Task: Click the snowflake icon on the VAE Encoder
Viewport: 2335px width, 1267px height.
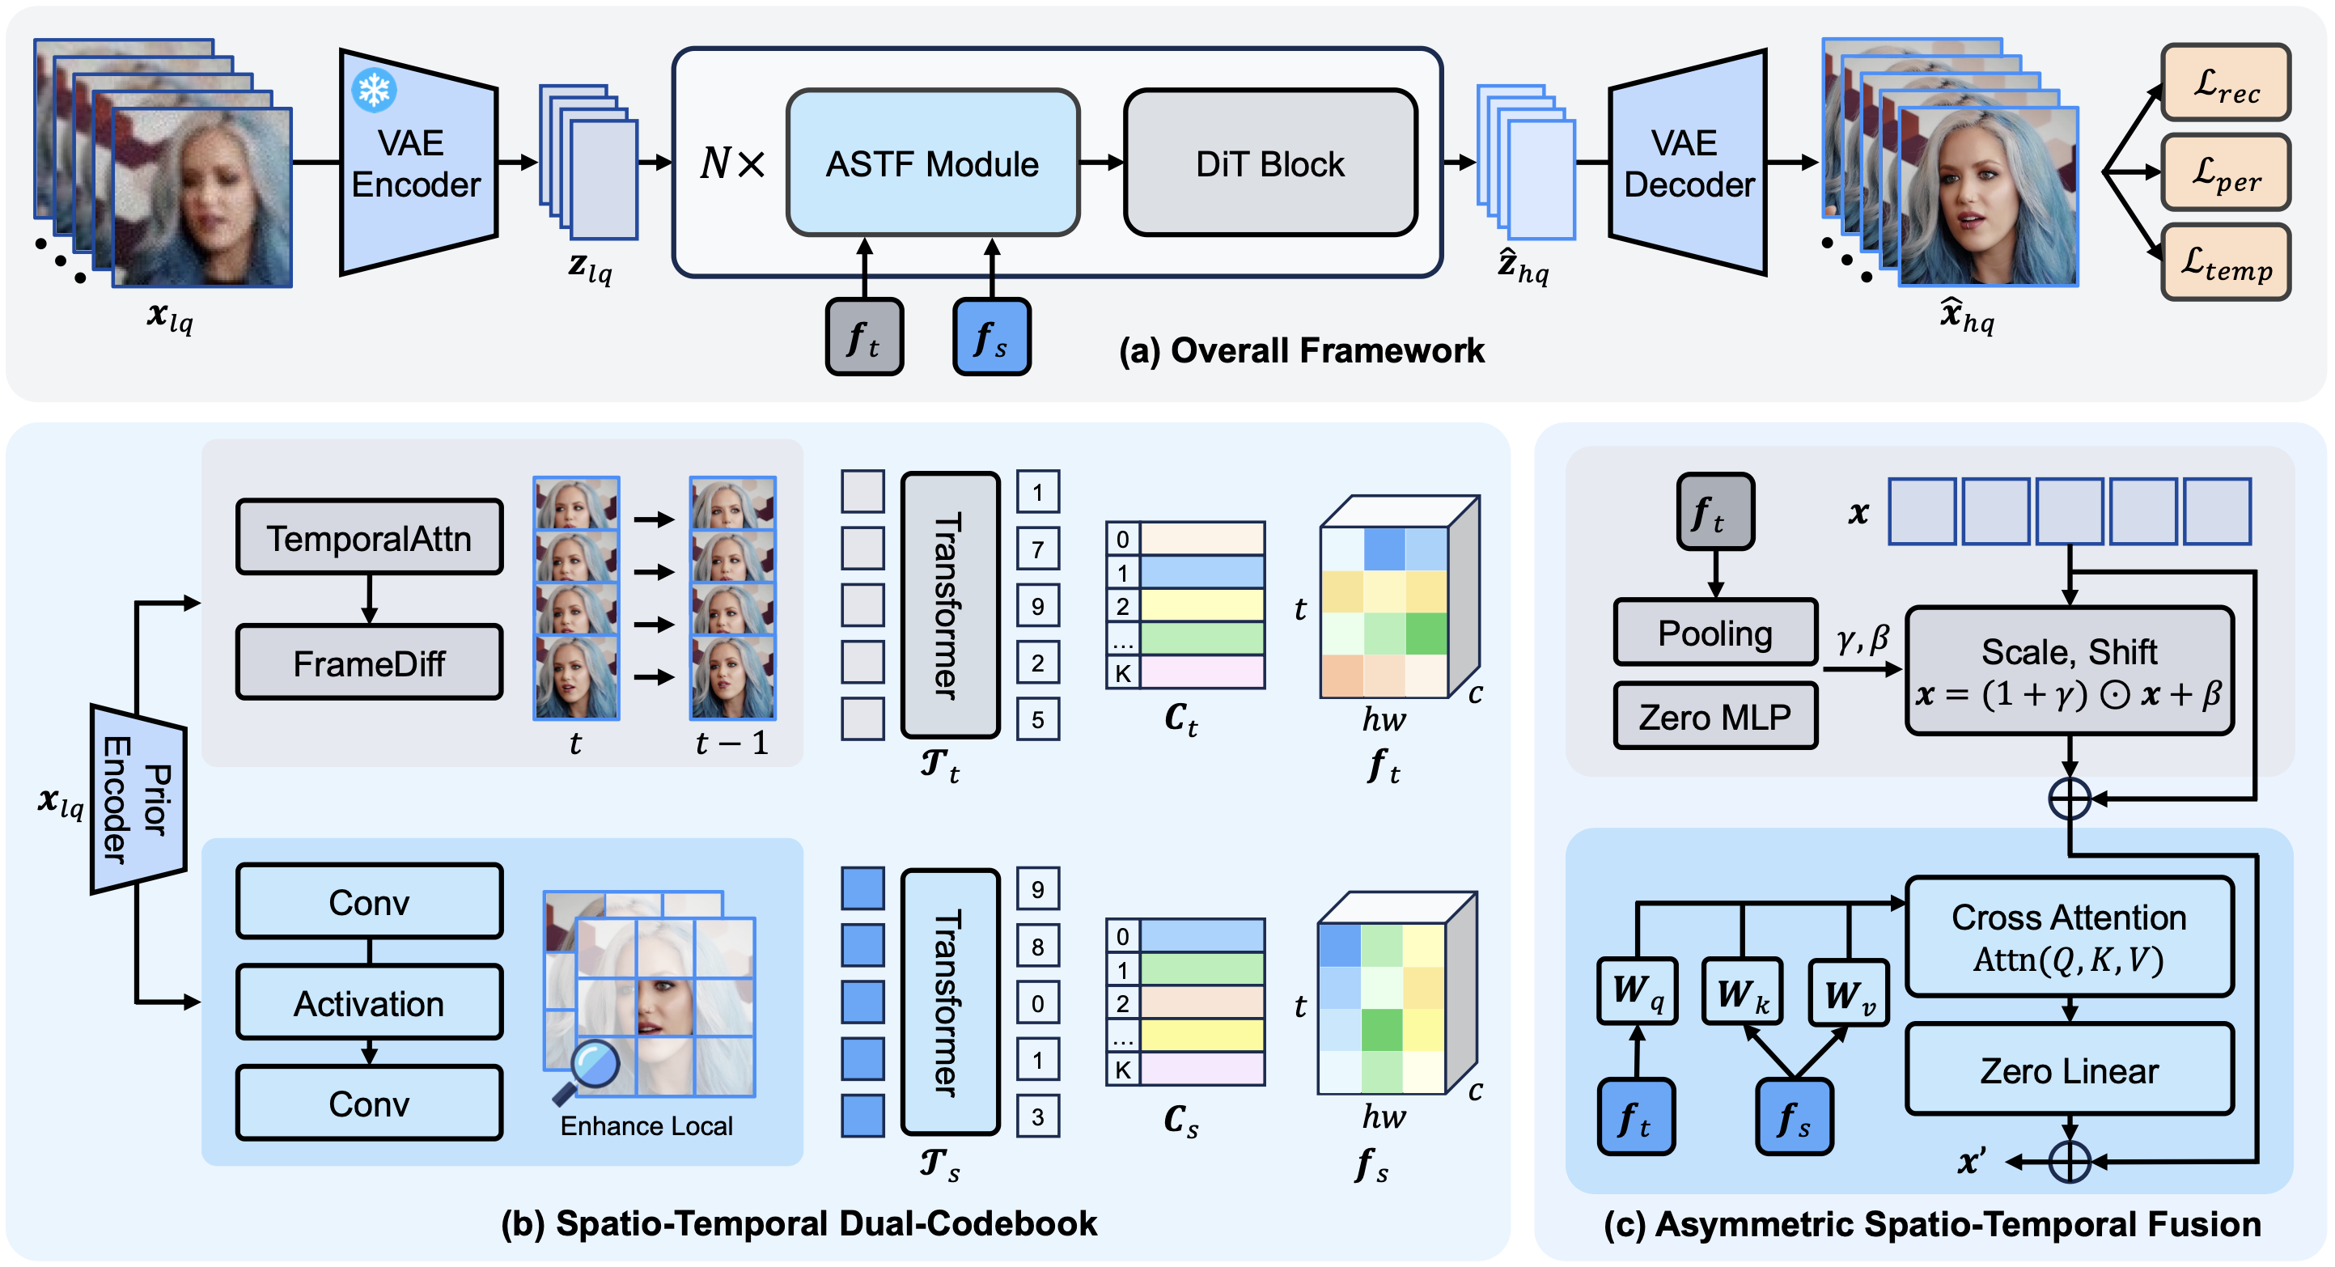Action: pos(374,90)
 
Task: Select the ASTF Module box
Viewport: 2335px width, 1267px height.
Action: pos(932,163)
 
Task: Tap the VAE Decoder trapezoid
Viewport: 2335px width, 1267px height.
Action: pos(1688,163)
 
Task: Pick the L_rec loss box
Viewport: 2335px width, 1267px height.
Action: pos(2224,83)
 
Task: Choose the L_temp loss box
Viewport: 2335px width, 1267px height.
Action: pos(2224,263)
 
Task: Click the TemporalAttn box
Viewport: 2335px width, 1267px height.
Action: pos(369,537)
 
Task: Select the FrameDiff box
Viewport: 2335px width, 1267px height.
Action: pos(369,663)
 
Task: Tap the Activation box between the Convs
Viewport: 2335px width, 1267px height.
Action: pos(369,1002)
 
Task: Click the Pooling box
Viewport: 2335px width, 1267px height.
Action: pos(1714,633)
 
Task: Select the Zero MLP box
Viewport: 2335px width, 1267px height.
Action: pos(1714,716)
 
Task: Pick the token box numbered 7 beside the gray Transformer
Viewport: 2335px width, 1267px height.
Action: pos(1037,549)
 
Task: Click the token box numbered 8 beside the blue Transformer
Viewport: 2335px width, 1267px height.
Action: pos(1037,946)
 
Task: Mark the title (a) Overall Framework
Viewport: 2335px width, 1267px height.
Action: pos(1301,350)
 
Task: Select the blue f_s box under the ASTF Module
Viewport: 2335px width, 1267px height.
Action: pos(991,337)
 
